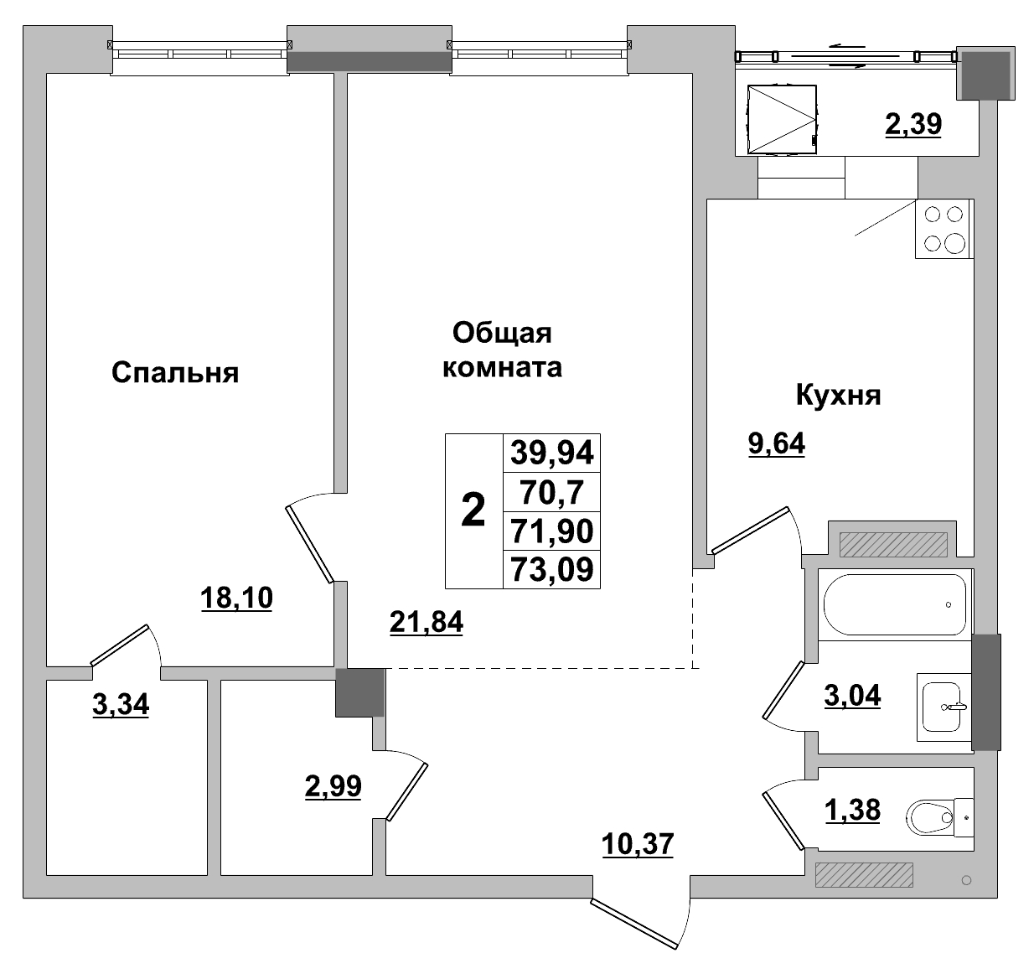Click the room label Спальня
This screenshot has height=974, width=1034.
[x=175, y=372]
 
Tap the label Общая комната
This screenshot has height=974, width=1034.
[x=502, y=350]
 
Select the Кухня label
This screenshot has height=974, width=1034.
[x=838, y=395]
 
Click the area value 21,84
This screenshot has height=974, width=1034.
[x=427, y=622]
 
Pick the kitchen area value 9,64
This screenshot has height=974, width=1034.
[x=776, y=443]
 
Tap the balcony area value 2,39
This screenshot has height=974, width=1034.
[x=913, y=124]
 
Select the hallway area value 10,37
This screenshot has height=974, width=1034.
[x=638, y=843]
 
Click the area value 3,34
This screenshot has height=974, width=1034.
[x=121, y=705]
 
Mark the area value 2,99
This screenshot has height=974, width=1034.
[x=333, y=786]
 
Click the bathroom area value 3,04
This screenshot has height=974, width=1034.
[x=852, y=696]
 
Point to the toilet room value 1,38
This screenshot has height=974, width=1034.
[x=852, y=810]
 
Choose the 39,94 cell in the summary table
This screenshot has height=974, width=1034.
[x=551, y=453]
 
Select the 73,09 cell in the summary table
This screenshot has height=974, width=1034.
[x=551, y=570]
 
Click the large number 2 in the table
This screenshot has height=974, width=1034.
[x=473, y=510]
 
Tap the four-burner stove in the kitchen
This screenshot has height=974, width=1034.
[x=944, y=229]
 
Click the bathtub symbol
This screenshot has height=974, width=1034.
[x=894, y=604]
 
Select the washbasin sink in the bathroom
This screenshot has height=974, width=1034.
[x=944, y=707]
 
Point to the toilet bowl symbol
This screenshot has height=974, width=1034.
[x=932, y=815]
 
